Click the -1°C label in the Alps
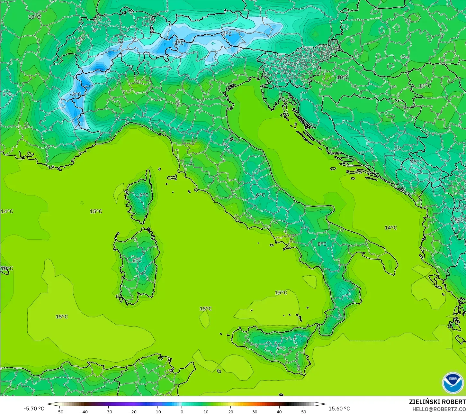(178, 43)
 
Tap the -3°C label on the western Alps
(76, 94)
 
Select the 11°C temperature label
(425, 86)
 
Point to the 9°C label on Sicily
(281, 348)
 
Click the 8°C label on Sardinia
(137, 260)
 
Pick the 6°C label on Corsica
(144, 195)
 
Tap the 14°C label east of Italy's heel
(390, 228)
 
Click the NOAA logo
(453, 383)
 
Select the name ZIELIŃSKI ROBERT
(437, 402)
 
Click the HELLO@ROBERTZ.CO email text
(439, 409)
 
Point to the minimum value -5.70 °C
(34, 409)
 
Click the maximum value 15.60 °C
(339, 409)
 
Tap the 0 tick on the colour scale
(182, 411)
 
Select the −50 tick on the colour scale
(59, 411)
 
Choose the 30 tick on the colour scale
(255, 411)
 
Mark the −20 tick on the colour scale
(132, 411)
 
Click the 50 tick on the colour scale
(304, 411)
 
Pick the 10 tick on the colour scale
(206, 411)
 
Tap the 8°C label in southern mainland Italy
(322, 244)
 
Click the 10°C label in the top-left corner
(34, 17)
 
